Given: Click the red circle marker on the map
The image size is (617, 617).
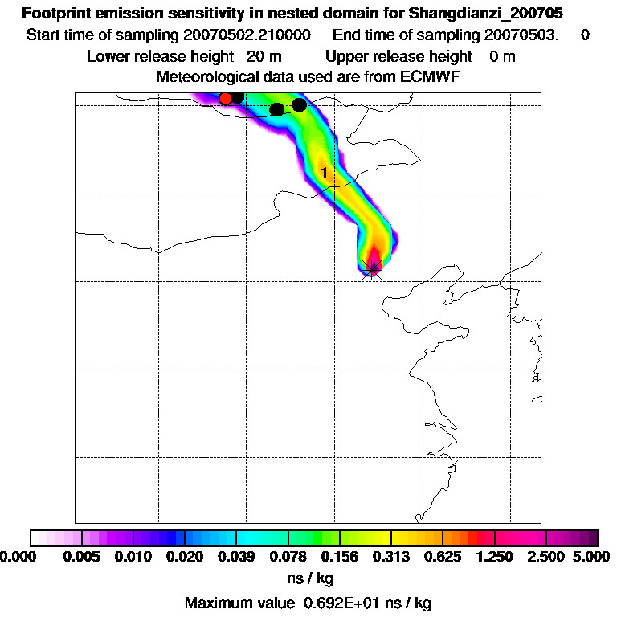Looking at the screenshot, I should [226, 98].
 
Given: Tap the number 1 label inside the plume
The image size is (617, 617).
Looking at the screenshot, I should [324, 172].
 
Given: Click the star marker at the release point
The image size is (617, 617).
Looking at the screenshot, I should [372, 268].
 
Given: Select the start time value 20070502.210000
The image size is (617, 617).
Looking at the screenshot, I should [248, 35].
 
